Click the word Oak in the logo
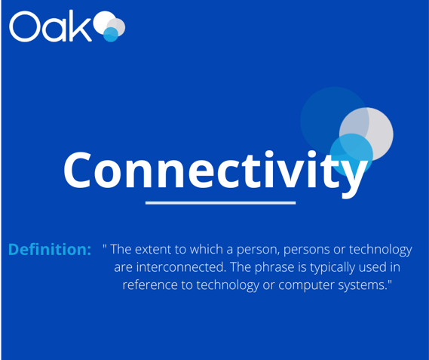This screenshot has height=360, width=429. [x=51, y=26]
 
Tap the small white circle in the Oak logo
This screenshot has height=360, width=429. [x=105, y=22]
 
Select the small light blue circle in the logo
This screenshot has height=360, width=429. [x=111, y=35]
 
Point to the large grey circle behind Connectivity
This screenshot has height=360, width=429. [x=366, y=134]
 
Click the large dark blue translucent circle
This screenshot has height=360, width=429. [x=334, y=121]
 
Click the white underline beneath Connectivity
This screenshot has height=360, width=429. [x=220, y=203]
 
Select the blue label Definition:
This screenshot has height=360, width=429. [x=50, y=250]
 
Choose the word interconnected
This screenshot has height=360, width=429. [x=181, y=267]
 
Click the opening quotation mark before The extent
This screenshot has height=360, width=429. [x=105, y=245]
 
